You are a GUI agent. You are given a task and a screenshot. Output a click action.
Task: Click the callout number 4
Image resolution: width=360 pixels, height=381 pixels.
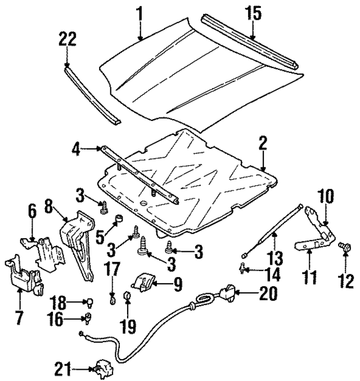76,149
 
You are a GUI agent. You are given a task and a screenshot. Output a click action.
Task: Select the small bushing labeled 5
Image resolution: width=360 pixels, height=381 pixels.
119,219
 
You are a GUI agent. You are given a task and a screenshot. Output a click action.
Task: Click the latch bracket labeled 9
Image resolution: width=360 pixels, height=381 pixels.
145,281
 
